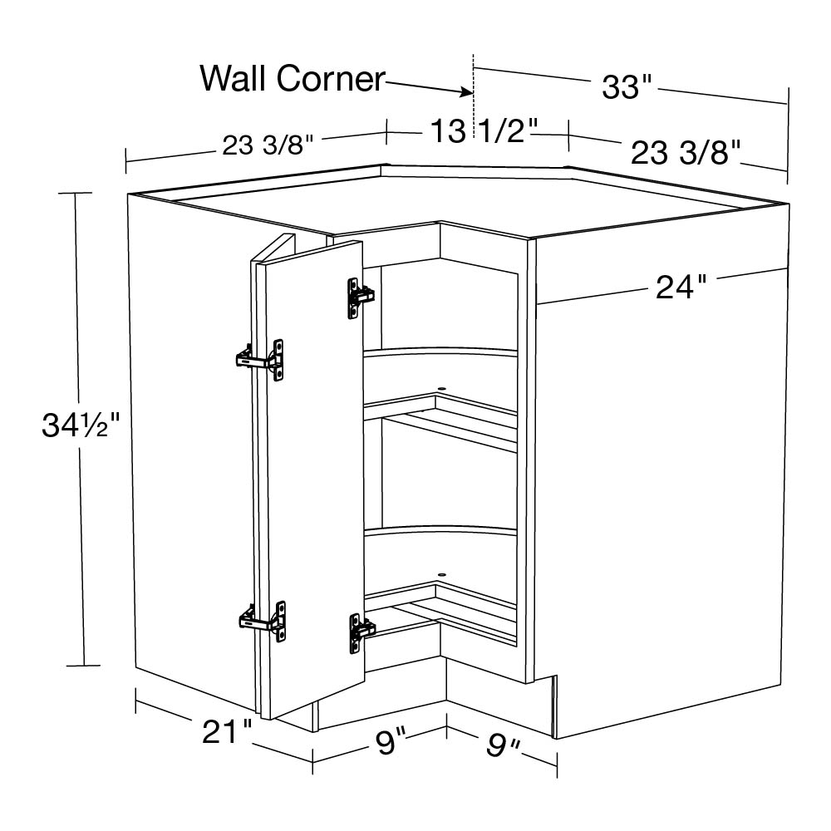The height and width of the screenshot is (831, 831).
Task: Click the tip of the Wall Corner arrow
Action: point(472,93)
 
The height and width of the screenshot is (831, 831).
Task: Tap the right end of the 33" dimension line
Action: point(788,104)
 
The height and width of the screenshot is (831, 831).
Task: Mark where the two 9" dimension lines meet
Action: point(446,726)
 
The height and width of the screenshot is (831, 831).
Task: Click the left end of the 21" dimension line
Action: point(137,701)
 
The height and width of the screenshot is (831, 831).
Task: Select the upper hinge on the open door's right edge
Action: point(361,298)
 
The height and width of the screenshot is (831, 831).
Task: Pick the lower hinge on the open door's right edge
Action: point(361,632)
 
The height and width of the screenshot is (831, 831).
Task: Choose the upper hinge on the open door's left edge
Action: point(259,360)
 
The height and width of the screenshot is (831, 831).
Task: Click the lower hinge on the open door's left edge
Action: point(263,620)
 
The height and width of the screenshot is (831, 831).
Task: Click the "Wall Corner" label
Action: point(292,79)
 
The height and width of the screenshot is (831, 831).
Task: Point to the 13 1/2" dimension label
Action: point(484,130)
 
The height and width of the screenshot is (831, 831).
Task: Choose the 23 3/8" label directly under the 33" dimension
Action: point(685,153)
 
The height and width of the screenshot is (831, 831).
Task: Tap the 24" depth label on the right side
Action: point(681,287)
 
